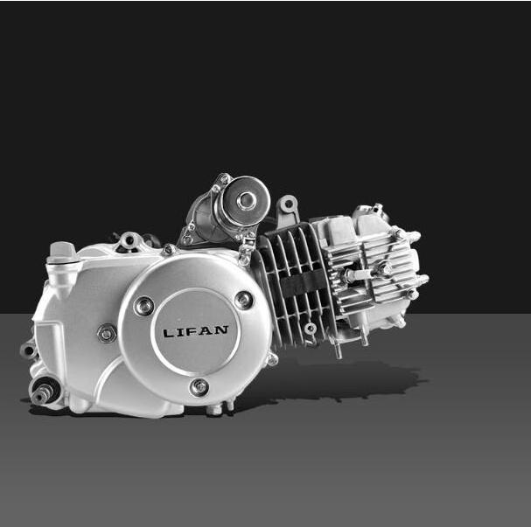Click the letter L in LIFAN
(x=168, y=333)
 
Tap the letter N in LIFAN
(x=221, y=329)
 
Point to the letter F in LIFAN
(x=193, y=331)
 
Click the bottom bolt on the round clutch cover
(x=199, y=387)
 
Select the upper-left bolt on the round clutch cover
(x=144, y=306)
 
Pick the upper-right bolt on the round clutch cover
(x=243, y=300)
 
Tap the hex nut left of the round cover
(x=107, y=334)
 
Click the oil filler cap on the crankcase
(x=61, y=253)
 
